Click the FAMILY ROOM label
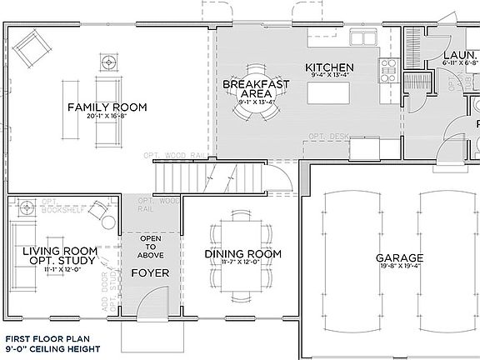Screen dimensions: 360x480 click(107, 107)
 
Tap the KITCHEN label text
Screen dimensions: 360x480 click(330, 67)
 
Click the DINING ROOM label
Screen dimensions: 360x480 click(242, 254)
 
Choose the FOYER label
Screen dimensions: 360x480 click(150, 272)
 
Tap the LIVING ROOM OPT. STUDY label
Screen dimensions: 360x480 click(57, 256)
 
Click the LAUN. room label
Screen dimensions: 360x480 click(458, 52)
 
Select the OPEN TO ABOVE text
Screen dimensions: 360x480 click(150, 247)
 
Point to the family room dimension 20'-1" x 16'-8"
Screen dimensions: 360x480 click(107, 117)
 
